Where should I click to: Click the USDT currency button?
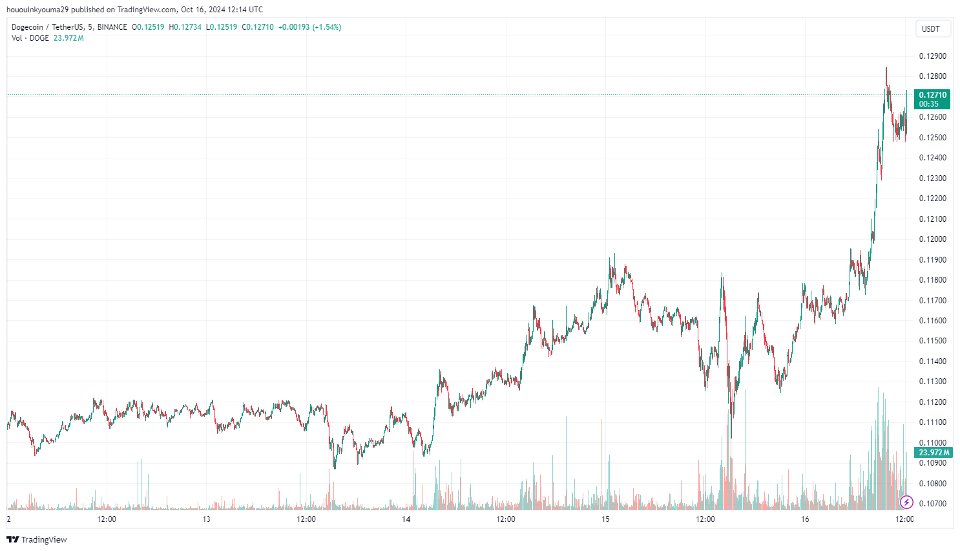[x=931, y=28]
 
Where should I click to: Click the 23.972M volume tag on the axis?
[x=934, y=453]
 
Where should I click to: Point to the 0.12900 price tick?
[x=932, y=56]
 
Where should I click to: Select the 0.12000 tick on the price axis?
[x=932, y=239]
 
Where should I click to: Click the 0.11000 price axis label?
[x=932, y=443]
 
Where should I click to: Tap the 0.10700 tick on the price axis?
[x=932, y=504]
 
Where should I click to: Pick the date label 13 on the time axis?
[x=206, y=519]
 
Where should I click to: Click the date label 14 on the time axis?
[x=406, y=519]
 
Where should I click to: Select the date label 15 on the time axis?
[x=605, y=519]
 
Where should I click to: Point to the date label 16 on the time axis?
[x=805, y=519]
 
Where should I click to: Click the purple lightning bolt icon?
[x=906, y=502]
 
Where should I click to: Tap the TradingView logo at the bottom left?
[x=37, y=539]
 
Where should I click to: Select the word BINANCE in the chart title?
[x=112, y=27]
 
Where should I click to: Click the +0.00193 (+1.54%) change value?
[x=309, y=27]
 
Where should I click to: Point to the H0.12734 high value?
[x=185, y=27]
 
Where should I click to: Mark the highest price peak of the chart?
[x=886, y=67]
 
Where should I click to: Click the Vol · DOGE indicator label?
[x=30, y=38]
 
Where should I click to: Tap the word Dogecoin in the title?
[x=27, y=27]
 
